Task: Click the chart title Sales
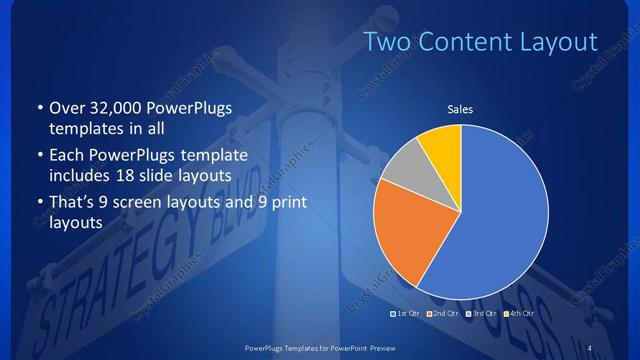(460, 109)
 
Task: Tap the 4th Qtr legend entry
(521, 314)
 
